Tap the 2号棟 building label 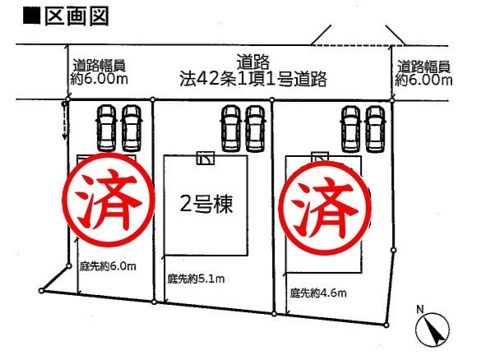pyautogui.click(x=206, y=204)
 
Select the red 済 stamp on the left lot pyautogui.click(x=109, y=201)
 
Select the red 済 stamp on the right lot pyautogui.click(x=326, y=208)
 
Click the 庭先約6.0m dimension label pyautogui.click(x=108, y=265)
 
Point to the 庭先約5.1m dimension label pyautogui.click(x=196, y=279)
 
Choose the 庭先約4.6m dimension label pyautogui.click(x=318, y=293)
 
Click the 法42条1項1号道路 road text pyautogui.click(x=253, y=79)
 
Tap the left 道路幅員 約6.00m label pyautogui.click(x=99, y=72)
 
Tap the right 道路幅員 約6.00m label pyautogui.click(x=423, y=73)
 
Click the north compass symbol pyautogui.click(x=432, y=330)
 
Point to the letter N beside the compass pyautogui.click(x=419, y=309)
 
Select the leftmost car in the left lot pyautogui.click(x=107, y=128)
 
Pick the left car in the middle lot pyautogui.click(x=231, y=129)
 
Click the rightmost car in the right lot pyautogui.click(x=376, y=129)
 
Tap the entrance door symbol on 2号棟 pyautogui.click(x=206, y=159)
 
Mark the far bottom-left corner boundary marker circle pyautogui.click(x=41, y=290)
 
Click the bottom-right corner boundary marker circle pyautogui.click(x=386, y=325)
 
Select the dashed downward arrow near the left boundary pyautogui.click(x=64, y=121)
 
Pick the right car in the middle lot pyautogui.click(x=255, y=129)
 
